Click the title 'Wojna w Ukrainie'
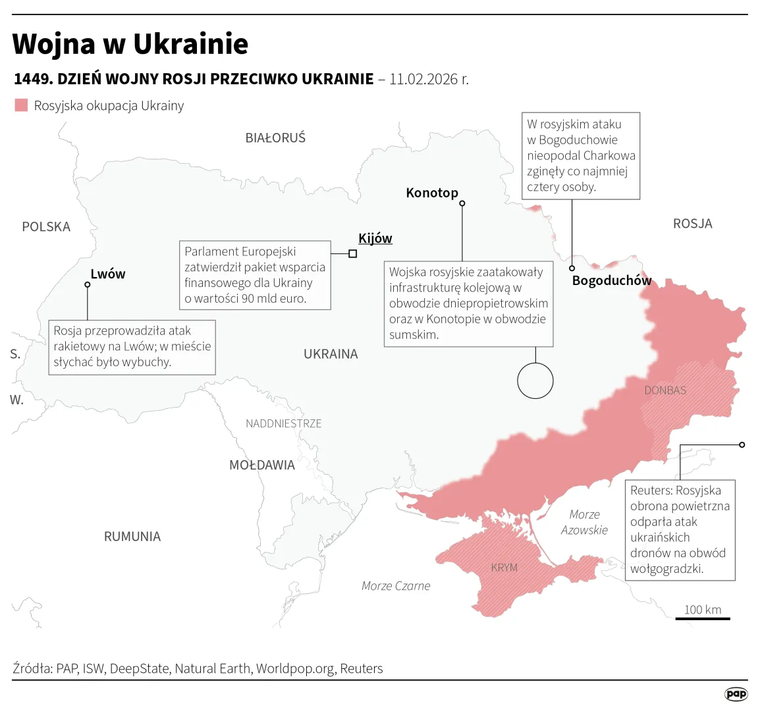tap(130, 44)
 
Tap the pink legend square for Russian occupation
tap(21, 105)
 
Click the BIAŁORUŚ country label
tap(275, 138)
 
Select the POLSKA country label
tap(46, 227)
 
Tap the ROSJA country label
tap(692, 224)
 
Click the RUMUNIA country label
tap(132, 537)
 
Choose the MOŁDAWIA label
tap(262, 465)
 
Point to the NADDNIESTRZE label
tap(284, 423)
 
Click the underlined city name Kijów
tap(375, 238)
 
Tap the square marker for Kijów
tap(353, 253)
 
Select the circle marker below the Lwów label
tap(88, 285)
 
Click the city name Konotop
tap(432, 193)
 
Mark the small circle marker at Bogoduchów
tap(572, 268)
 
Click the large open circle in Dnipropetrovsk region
tap(535, 381)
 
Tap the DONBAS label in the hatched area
tap(665, 390)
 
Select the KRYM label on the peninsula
tap(504, 567)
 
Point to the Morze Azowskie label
tap(584, 522)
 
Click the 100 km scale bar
tap(703, 618)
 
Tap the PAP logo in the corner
tap(736, 694)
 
